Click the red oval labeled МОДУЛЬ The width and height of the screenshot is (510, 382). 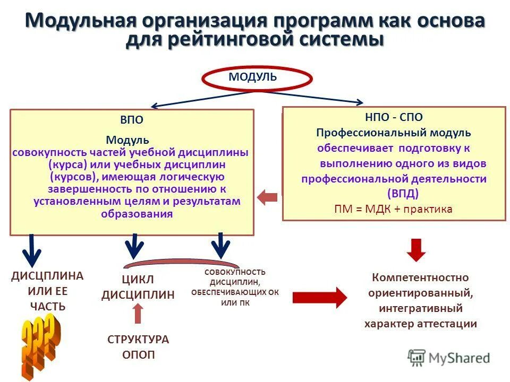pos(257,79)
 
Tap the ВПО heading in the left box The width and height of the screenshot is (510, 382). pos(131,120)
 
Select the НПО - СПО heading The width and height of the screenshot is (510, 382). pos(394,117)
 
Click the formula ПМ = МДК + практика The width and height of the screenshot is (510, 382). pos(393,209)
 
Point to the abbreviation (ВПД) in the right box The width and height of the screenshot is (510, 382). pos(402,192)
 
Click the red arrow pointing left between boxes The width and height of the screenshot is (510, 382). pos(268,198)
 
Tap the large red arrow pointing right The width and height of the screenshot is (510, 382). pos(319,297)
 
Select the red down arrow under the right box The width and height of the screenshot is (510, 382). pos(416,250)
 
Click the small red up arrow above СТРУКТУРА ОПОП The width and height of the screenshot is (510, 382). pos(138,313)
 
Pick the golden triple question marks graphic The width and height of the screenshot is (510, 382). pos(39,345)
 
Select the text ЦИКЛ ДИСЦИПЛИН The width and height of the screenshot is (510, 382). pos(138,288)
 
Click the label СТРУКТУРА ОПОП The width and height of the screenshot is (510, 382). pos(138,347)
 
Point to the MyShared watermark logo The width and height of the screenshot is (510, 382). pos(449,357)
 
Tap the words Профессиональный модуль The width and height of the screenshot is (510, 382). pos(394,133)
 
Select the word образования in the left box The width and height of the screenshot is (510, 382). pos(137,214)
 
